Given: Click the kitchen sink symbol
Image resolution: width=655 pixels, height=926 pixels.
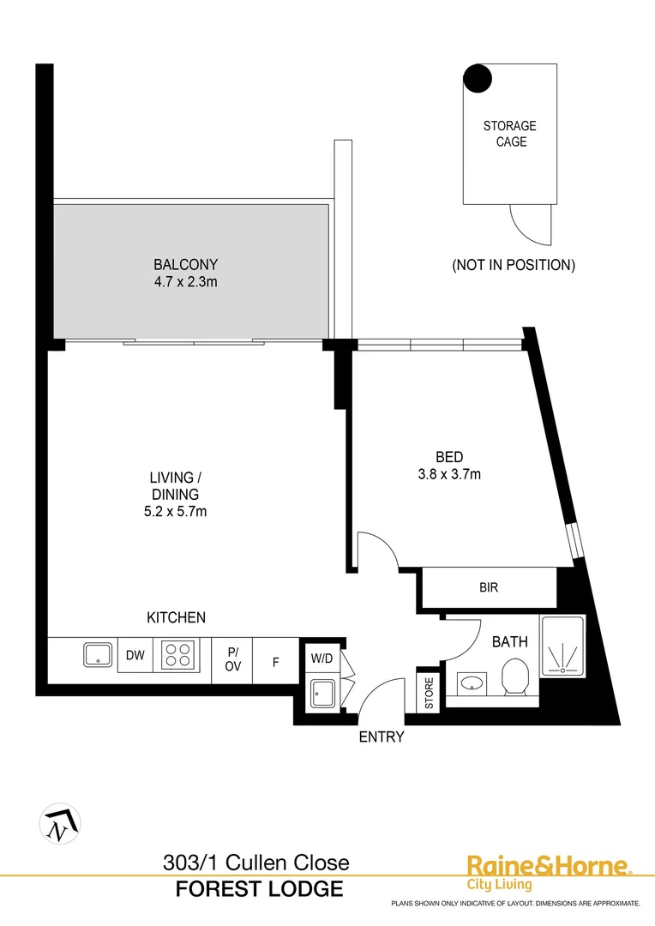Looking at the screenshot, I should coord(99,655).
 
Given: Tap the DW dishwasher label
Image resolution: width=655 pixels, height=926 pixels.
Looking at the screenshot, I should coord(135,656).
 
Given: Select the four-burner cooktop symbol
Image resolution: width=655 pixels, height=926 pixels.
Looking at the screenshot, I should coord(179,655).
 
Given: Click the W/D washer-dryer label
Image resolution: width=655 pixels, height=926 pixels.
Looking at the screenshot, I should coord(322,658).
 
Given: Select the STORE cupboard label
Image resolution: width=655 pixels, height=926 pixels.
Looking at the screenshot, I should coord(430,694).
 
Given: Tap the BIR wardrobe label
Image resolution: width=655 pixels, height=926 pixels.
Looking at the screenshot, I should coord(489,588).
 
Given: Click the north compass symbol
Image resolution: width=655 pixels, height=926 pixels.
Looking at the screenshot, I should coord(60,824).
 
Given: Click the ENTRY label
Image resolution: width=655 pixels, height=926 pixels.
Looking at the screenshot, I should coord(382,736).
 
